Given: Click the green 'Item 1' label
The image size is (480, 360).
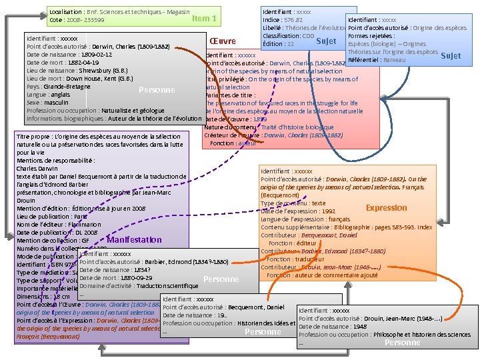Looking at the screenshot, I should pyautogui.click(x=204, y=19).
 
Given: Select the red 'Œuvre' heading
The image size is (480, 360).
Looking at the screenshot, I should pyautogui.click(x=223, y=42).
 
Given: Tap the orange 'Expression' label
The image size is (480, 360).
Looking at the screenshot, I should pyautogui.click(x=386, y=208).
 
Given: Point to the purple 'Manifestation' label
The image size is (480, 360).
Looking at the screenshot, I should pyautogui.click(x=134, y=239).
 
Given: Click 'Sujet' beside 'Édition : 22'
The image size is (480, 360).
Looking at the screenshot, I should pyautogui.click(x=326, y=42).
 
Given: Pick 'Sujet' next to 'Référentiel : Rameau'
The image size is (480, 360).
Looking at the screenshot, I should pyautogui.click(x=451, y=56).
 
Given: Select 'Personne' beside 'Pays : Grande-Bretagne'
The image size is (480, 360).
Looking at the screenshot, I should pyautogui.click(x=157, y=90).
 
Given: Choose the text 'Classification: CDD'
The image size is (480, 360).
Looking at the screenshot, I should pyautogui.click(x=288, y=35).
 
